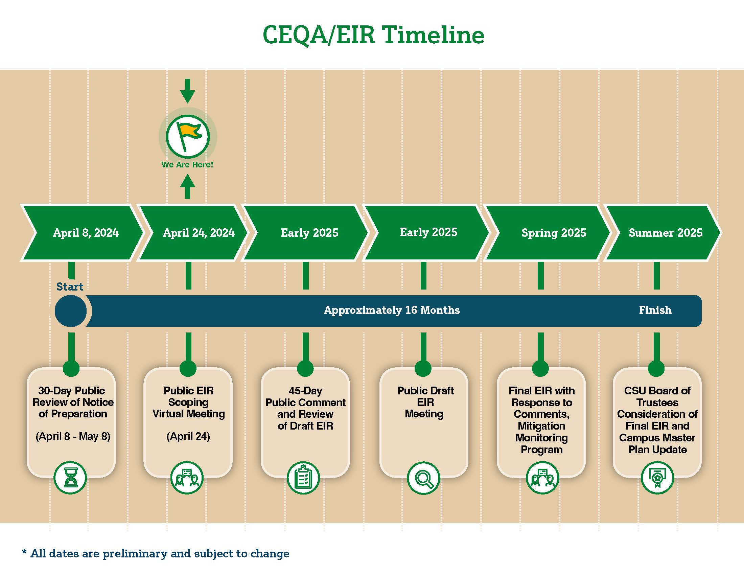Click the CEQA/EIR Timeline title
click(x=373, y=36)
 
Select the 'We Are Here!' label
click(x=187, y=164)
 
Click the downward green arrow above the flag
click(x=187, y=91)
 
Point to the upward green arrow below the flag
click(x=187, y=186)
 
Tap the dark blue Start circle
click(x=71, y=310)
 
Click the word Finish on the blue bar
click(x=655, y=310)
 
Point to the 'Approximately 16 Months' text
click(x=392, y=310)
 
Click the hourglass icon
click(x=71, y=478)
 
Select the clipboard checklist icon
click(x=303, y=478)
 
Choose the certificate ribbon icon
click(x=657, y=478)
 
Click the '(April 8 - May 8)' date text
click(x=73, y=436)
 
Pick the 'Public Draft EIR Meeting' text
click(x=425, y=402)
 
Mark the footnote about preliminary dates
click(x=156, y=554)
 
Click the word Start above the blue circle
click(x=70, y=287)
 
